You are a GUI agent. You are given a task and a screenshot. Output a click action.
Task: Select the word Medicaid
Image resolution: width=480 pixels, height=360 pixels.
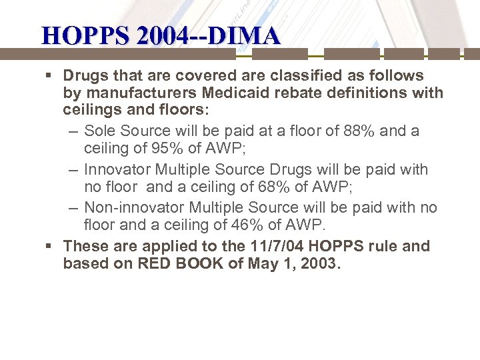click(x=234, y=93)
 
